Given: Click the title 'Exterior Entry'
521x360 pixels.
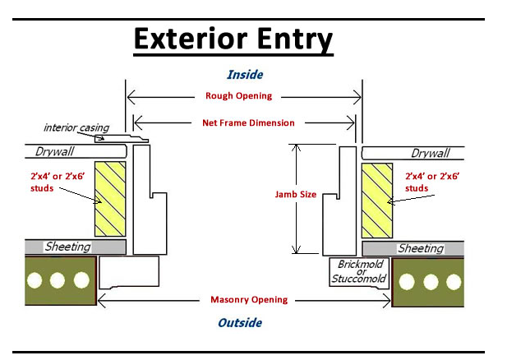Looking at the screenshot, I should [x=233, y=39].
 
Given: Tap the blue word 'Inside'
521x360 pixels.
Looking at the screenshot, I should [x=244, y=75].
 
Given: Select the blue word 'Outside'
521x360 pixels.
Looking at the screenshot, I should [x=240, y=322].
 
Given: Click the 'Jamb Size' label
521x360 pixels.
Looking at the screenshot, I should [x=296, y=195].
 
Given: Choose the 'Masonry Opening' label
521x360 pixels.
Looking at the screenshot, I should [x=248, y=300].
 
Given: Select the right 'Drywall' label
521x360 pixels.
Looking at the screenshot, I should [x=430, y=153].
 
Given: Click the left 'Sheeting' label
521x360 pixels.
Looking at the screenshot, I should [x=67, y=247].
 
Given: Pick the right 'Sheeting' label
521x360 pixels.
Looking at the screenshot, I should [x=420, y=248].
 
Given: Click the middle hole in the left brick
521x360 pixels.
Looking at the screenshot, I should [x=58, y=280].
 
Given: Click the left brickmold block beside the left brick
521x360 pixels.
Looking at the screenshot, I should [x=128, y=271].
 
